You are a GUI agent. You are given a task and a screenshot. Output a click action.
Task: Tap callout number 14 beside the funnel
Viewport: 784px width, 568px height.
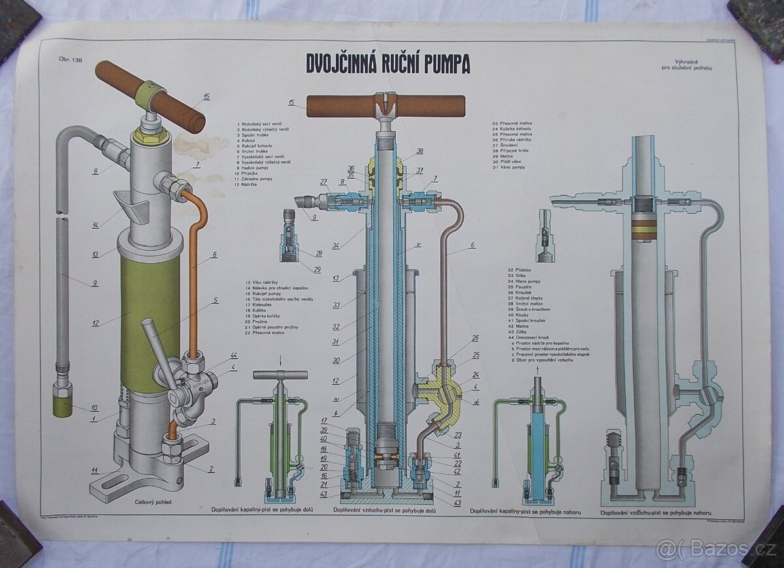click(95, 225)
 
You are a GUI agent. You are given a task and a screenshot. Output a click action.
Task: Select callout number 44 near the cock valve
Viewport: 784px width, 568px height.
click(233, 355)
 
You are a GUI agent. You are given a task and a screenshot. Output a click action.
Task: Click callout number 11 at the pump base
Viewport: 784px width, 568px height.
click(95, 470)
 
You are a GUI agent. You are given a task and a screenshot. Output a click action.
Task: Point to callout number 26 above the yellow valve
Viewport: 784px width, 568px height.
click(475, 338)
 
